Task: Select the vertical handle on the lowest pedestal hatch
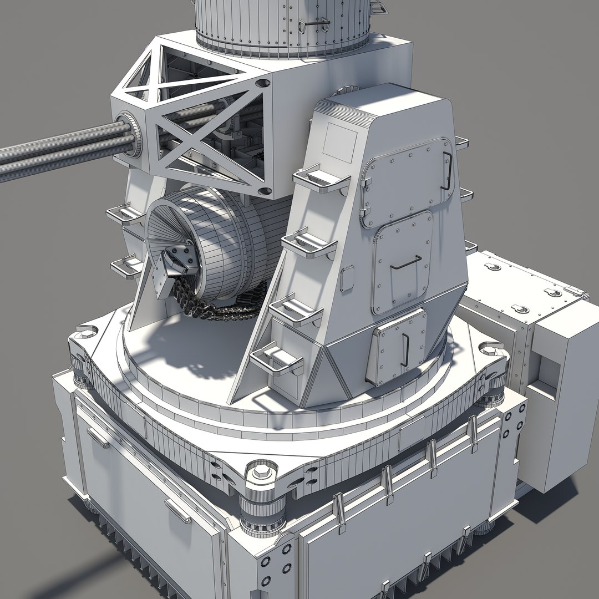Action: [x=405, y=347]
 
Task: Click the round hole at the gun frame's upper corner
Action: [x=263, y=84]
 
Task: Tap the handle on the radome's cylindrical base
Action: [x=313, y=25]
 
